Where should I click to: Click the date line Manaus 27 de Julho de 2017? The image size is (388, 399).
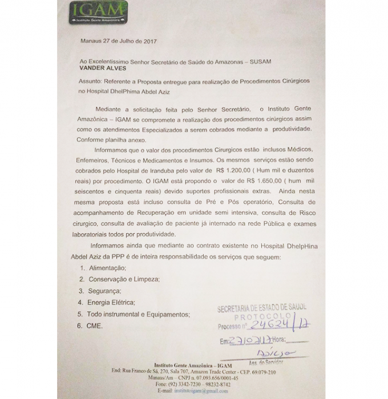pos(118,41)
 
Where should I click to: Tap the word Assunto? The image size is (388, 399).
pos(91,82)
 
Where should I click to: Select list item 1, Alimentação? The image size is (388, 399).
pos(107,267)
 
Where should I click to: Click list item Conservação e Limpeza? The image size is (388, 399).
pos(123,279)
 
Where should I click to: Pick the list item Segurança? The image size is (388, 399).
pos(104,291)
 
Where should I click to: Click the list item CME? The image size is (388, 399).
pos(95,326)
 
